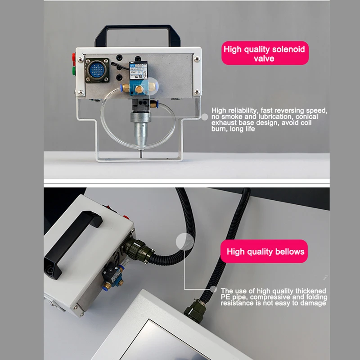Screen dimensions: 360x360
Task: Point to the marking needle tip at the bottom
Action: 140,155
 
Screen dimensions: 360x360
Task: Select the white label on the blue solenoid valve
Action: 139,72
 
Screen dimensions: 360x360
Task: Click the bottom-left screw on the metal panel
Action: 80,92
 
